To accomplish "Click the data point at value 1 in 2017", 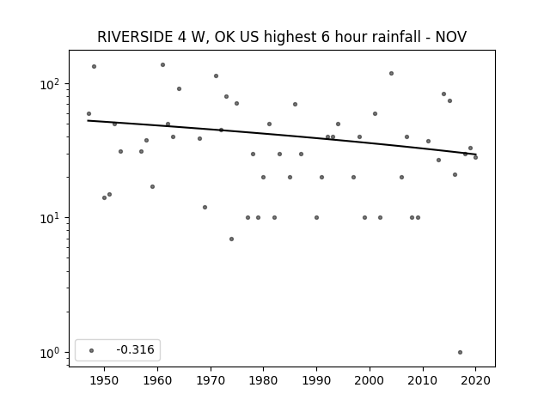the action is point(460,352).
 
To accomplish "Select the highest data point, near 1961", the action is point(162,65).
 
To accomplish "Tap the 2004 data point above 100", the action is point(391,73).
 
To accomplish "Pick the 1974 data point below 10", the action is point(231,239).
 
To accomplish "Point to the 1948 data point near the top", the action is point(94,67).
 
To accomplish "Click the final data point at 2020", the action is point(475,157).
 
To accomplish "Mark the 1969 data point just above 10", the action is point(205,208).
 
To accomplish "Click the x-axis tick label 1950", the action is point(104,380).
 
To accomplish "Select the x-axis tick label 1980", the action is point(263,380).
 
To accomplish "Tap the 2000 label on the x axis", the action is point(370,380).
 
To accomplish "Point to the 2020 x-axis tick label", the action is point(475,380).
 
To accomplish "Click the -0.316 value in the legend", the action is point(136,349).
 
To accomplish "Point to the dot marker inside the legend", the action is point(92,350).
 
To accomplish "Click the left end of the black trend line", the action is point(88,120).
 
